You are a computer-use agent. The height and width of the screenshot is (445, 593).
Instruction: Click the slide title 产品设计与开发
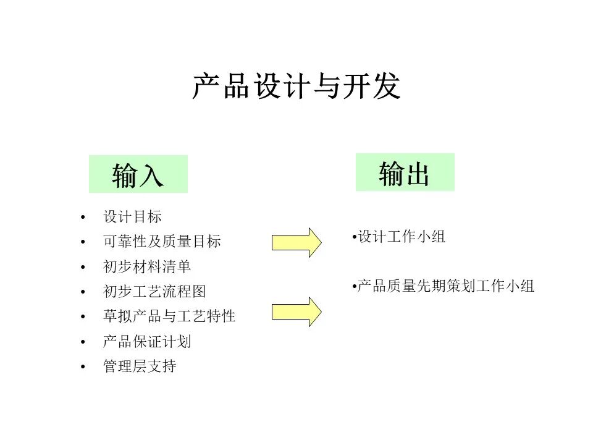tap(296, 87)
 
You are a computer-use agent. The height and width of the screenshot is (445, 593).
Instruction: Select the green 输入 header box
tap(138, 174)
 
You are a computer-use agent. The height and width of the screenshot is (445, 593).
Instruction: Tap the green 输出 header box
tap(405, 172)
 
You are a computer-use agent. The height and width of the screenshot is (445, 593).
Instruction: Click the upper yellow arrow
tap(296, 242)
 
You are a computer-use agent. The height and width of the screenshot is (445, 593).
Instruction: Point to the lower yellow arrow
tap(296, 311)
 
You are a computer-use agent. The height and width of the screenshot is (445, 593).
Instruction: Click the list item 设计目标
tap(132, 217)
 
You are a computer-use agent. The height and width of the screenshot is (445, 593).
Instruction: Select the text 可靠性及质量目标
tap(162, 242)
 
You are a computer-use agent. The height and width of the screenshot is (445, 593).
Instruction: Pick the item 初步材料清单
tap(147, 266)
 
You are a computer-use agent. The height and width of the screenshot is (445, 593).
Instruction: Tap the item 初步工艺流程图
tap(154, 291)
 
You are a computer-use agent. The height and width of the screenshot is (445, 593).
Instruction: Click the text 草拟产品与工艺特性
tap(169, 316)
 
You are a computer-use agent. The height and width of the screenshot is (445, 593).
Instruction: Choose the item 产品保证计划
tap(147, 341)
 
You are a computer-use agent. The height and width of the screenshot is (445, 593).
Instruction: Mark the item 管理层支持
tap(140, 366)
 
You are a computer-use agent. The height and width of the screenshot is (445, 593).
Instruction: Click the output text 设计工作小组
tap(402, 237)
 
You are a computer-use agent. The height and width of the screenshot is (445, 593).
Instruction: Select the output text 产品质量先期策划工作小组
tap(445, 286)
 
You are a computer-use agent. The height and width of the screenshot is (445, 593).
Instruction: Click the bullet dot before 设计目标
tap(83, 217)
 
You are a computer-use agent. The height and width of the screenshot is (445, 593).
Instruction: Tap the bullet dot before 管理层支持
tap(83, 367)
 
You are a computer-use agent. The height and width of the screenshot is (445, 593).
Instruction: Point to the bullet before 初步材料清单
tap(83, 267)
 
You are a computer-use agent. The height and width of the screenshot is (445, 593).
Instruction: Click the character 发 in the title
tap(387, 87)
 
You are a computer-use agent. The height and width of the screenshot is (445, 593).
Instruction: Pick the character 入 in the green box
tap(151, 175)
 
